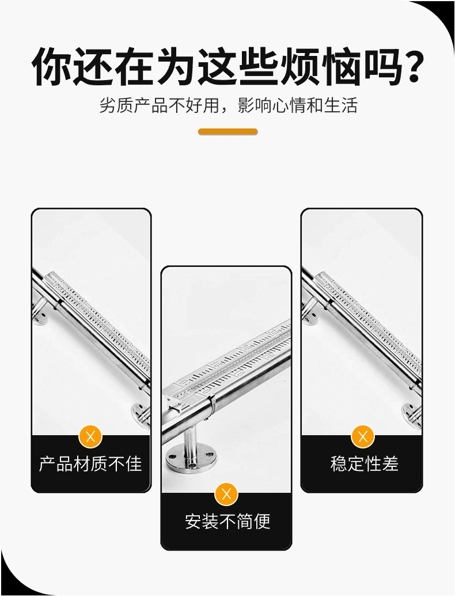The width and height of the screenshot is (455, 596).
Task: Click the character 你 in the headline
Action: point(51,67)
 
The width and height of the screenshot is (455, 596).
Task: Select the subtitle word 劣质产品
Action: point(134,105)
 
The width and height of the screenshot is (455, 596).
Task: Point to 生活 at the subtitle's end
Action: point(341,105)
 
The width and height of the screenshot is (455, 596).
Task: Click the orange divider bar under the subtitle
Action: point(228,132)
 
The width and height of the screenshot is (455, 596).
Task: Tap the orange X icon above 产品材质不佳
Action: point(90,437)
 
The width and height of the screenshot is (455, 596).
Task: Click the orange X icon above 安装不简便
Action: point(227,494)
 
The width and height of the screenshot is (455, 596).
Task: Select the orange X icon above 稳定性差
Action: point(363,437)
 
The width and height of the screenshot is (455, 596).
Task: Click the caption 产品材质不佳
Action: point(90,464)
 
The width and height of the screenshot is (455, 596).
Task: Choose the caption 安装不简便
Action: point(227,521)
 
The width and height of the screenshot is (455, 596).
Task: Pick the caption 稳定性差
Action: point(364,464)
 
